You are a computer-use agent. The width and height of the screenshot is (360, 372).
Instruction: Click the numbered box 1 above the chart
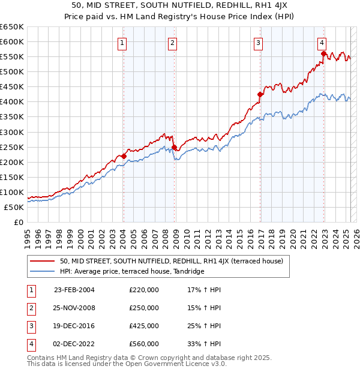pyautogui.click(x=122, y=43)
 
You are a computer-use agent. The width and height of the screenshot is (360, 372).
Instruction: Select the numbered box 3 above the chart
pyautogui.click(x=258, y=43)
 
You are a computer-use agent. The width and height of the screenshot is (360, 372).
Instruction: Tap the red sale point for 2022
pyautogui.click(x=323, y=53)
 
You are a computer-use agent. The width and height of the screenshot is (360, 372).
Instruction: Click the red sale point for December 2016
pyautogui.click(x=260, y=94)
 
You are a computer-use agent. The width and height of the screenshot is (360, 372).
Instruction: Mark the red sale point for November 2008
pyautogui.click(x=174, y=147)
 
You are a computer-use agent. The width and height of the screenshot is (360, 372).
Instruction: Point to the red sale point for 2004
pyautogui.click(x=124, y=156)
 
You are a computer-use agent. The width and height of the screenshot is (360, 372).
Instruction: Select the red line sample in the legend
pyautogui.click(x=42, y=261)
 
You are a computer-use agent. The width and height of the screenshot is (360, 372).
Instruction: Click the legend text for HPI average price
pyautogui.click(x=132, y=271)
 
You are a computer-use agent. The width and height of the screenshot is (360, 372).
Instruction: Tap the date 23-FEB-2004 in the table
pyautogui.click(x=74, y=290)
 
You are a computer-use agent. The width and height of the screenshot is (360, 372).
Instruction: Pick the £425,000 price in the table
pyautogui.click(x=144, y=326)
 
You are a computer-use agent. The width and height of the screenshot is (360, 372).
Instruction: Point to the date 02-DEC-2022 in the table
pyautogui.click(x=74, y=344)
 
